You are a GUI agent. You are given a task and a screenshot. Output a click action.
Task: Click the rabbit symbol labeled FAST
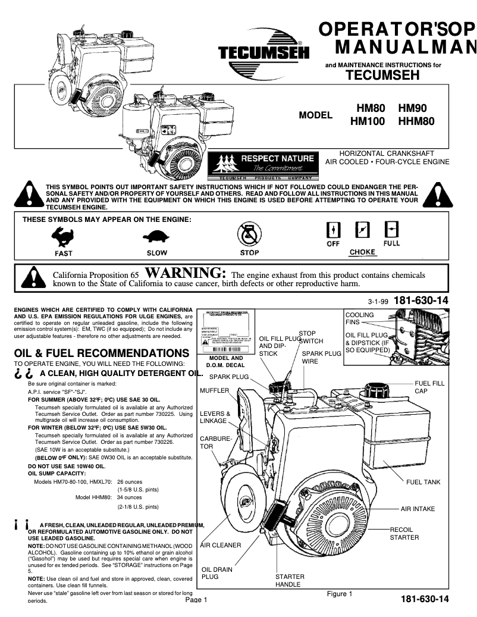pyautogui.click(x=63, y=238)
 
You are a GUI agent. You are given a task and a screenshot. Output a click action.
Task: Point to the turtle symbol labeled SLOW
pyautogui.click(x=156, y=238)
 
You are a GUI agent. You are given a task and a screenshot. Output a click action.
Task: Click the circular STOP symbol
pyautogui.click(x=249, y=234)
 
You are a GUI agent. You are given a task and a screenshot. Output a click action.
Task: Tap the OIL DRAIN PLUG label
pyautogui.click(x=216, y=573)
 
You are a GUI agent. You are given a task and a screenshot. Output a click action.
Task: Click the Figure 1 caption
pyautogui.click(x=340, y=594)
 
